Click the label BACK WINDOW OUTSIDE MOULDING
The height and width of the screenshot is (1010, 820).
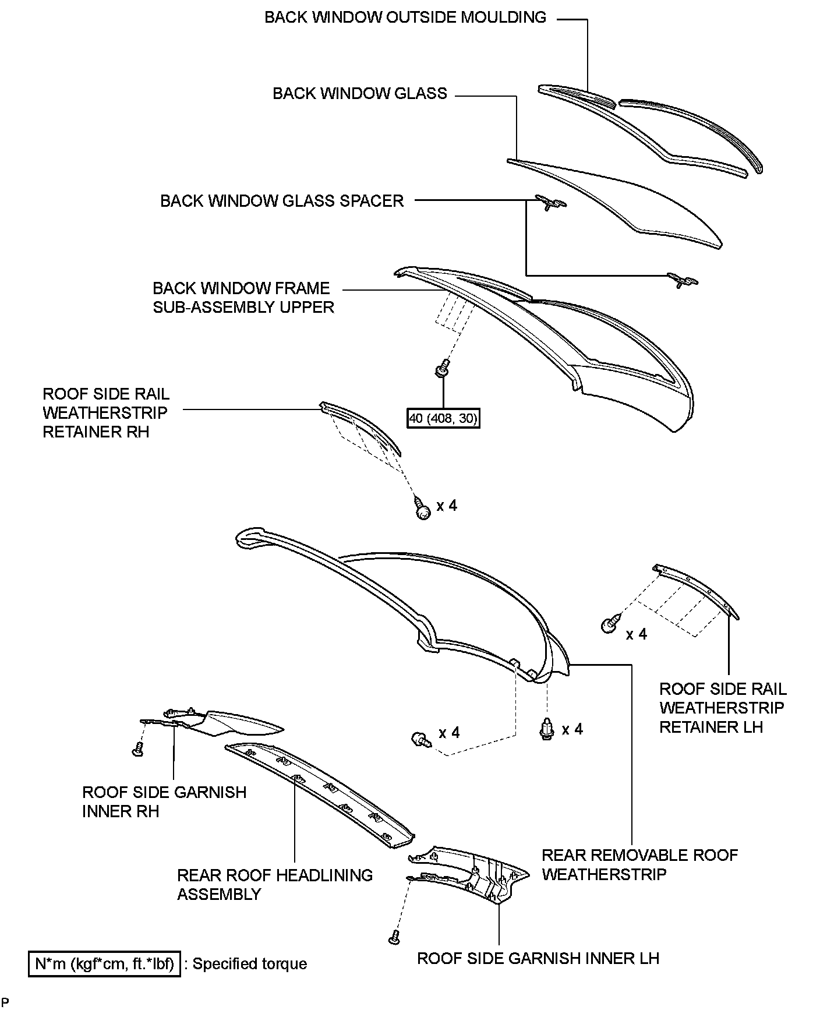click(405, 17)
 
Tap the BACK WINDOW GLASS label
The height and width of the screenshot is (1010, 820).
click(360, 94)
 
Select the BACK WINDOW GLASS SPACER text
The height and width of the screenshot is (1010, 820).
click(282, 201)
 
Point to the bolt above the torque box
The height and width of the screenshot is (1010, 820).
click(443, 368)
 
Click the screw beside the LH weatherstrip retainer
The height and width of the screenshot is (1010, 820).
click(609, 626)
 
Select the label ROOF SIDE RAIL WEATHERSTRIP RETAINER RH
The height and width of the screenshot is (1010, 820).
click(105, 413)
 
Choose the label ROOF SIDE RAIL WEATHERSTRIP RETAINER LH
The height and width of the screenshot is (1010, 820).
click(723, 708)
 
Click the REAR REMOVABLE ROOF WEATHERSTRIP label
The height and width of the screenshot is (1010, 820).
click(639, 864)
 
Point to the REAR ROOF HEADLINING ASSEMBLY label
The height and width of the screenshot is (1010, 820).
click(275, 884)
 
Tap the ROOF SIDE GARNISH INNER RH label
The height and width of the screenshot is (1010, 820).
click(164, 801)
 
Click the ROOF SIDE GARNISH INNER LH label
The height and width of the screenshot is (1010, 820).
click(538, 958)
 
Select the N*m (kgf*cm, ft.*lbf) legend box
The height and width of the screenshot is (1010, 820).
click(105, 964)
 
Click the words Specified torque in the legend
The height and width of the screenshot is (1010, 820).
click(250, 964)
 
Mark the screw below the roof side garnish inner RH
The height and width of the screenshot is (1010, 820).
click(137, 749)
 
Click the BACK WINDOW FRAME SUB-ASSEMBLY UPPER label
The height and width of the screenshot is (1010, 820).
click(243, 298)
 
